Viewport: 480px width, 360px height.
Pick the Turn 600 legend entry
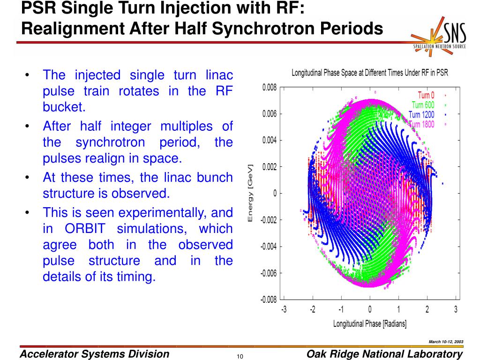coord(423,105)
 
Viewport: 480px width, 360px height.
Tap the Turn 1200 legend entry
coord(421,114)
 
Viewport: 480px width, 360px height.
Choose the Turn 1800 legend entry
coord(421,124)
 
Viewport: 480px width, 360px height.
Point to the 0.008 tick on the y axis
coord(270,87)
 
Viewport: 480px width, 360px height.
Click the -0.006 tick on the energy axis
coord(269,273)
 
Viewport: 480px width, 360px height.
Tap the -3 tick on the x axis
coord(284,309)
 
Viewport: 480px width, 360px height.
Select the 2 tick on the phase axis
coord(427,309)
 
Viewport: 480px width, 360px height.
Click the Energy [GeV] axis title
coord(250,193)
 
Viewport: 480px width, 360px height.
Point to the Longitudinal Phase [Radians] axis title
coord(370,324)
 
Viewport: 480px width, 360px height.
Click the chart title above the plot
coord(370,73)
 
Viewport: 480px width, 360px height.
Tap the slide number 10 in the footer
coord(240,357)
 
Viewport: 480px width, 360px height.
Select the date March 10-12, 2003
coord(446,341)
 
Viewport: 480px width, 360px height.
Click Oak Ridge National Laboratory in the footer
coord(384,354)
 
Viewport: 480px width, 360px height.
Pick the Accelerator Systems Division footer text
coord(94,354)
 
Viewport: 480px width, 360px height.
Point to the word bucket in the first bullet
coord(64,107)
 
